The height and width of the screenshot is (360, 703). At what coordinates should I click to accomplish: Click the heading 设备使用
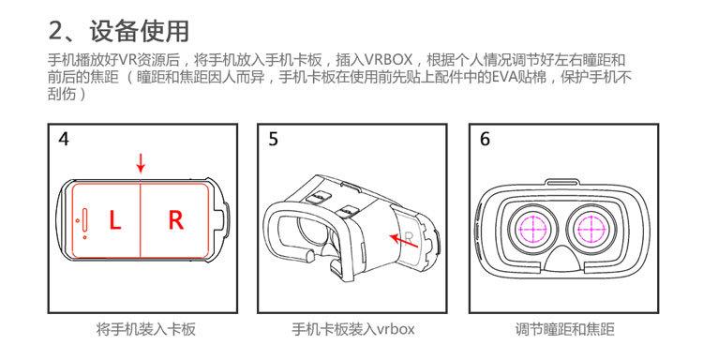click(x=139, y=31)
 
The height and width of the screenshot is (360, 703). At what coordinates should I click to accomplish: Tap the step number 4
click(x=64, y=139)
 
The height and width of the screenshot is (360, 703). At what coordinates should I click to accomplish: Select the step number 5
click(x=273, y=139)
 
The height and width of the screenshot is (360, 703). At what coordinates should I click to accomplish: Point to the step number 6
click(x=485, y=139)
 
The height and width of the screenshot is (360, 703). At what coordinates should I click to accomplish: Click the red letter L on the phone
click(x=115, y=220)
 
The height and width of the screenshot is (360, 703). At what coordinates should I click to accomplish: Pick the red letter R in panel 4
click(x=176, y=220)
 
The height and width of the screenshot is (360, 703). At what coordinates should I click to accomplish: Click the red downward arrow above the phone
click(x=141, y=163)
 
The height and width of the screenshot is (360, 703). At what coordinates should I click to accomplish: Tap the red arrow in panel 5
click(x=403, y=240)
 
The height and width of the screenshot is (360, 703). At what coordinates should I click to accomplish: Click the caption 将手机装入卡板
click(x=145, y=329)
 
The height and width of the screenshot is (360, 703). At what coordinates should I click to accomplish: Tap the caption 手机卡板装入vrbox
click(x=353, y=329)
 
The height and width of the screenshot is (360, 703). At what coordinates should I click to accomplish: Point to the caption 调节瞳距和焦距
click(x=564, y=329)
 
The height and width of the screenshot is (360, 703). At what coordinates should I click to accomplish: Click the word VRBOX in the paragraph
click(x=388, y=60)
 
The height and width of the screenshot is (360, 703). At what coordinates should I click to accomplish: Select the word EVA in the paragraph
click(x=495, y=77)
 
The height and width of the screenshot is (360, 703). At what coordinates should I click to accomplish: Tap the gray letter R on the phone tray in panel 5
click(x=409, y=237)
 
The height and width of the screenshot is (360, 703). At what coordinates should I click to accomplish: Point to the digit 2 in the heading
click(x=57, y=31)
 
